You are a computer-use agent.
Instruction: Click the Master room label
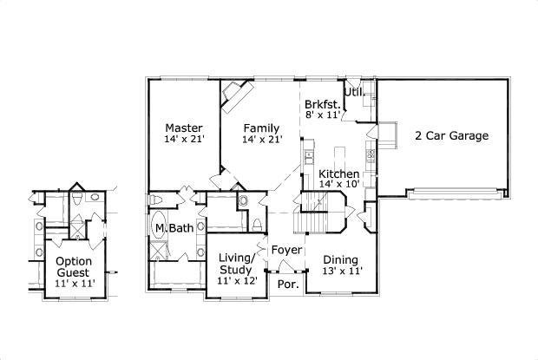coord(183,128)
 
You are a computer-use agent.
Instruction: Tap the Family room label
coord(261,128)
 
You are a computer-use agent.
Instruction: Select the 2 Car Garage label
coord(451,135)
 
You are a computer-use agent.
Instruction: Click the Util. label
coord(353,91)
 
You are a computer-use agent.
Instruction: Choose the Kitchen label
coord(338,173)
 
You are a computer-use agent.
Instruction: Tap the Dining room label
coord(342,259)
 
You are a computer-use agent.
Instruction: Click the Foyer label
coord(286,251)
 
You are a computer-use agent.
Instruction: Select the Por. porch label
coord(287,284)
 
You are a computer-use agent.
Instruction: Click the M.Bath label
coord(174,228)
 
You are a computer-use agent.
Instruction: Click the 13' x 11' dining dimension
coord(342,271)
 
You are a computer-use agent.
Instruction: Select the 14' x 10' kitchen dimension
coord(338,184)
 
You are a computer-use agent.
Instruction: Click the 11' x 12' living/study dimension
coord(236,281)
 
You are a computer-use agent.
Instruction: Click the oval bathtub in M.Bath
coord(159,227)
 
